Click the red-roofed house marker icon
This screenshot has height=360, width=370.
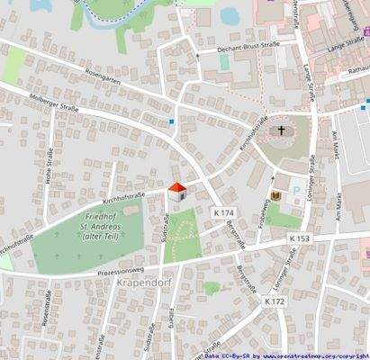(x=177, y=190)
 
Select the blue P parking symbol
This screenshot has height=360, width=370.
(x=295, y=193)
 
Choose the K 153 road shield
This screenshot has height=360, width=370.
(x=300, y=238)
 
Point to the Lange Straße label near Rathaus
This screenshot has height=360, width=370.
(x=345, y=44)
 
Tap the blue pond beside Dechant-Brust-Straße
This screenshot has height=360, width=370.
(x=230, y=15)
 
